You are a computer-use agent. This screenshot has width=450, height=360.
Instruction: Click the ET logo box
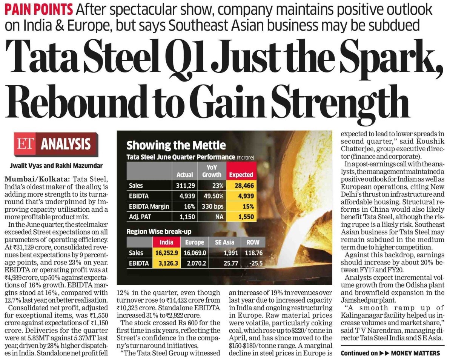click(x=26, y=144)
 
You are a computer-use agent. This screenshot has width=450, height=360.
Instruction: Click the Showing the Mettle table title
click(x=176, y=145)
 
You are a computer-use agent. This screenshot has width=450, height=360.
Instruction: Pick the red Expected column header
click(x=241, y=175)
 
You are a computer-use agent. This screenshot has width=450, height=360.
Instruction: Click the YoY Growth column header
click(x=212, y=171)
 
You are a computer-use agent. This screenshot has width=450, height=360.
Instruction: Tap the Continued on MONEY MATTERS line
click(x=390, y=353)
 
